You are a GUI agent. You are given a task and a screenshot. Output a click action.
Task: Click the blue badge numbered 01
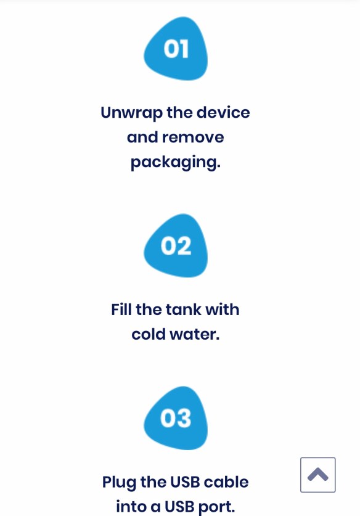176,49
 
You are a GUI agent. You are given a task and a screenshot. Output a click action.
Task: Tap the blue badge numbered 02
176,246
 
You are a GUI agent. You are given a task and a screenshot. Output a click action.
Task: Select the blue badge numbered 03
176,418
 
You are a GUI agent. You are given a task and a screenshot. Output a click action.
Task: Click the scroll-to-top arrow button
318,475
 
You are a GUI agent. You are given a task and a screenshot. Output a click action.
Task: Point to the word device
223,113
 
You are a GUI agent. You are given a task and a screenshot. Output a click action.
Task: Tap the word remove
193,137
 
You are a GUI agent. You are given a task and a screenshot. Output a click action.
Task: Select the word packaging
176,162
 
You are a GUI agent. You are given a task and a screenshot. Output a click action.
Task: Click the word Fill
122,309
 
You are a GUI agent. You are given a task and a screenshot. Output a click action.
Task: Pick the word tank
183,309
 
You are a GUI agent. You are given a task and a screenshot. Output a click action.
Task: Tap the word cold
148,334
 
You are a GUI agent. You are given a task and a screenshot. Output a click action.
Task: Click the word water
194,335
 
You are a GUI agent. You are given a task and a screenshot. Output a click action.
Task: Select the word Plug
119,483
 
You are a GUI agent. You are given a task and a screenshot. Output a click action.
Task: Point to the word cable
226,482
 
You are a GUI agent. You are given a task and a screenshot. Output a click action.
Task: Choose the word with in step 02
222,309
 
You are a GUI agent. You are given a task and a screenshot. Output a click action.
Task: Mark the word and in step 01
142,137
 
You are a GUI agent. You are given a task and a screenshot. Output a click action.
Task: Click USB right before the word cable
185,482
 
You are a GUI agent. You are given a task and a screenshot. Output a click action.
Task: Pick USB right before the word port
179,507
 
